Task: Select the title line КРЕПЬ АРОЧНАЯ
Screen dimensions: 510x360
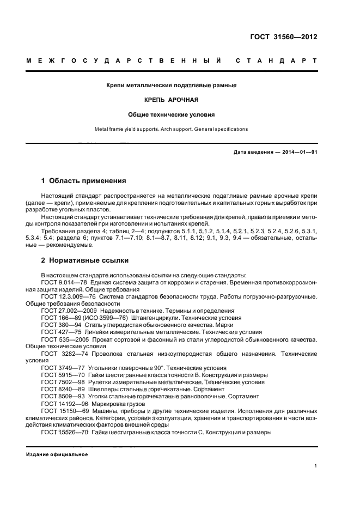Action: coord(172,100)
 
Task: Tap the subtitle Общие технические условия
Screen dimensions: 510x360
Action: coord(172,115)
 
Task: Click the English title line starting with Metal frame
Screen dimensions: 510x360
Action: coord(172,129)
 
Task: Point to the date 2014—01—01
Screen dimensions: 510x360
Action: coord(298,151)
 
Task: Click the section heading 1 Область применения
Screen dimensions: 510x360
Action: coord(84,180)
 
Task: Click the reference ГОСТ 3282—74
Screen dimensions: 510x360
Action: coord(62,354)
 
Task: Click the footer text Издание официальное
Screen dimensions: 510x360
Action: coord(57,454)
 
